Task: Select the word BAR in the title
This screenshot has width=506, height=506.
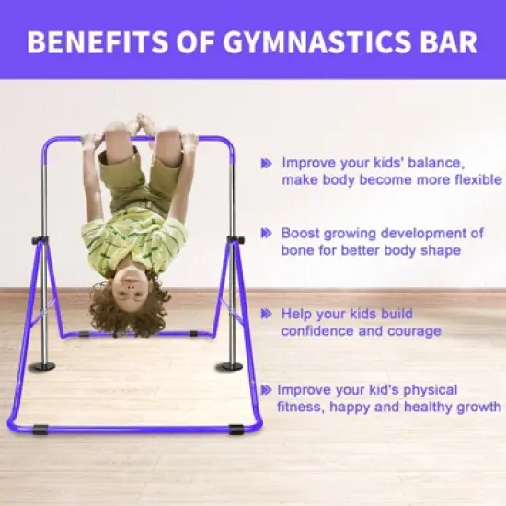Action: point(445,43)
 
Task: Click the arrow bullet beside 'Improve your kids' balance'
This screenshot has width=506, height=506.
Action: point(266,162)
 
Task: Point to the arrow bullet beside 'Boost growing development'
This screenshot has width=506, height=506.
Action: point(266,234)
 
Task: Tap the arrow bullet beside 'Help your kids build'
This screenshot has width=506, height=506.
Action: point(266,313)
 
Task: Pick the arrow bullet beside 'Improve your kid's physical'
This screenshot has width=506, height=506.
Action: point(266,389)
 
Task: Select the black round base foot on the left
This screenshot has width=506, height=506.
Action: point(41,366)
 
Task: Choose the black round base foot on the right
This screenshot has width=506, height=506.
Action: point(229,366)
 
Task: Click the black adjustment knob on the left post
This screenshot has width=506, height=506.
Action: point(39,241)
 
